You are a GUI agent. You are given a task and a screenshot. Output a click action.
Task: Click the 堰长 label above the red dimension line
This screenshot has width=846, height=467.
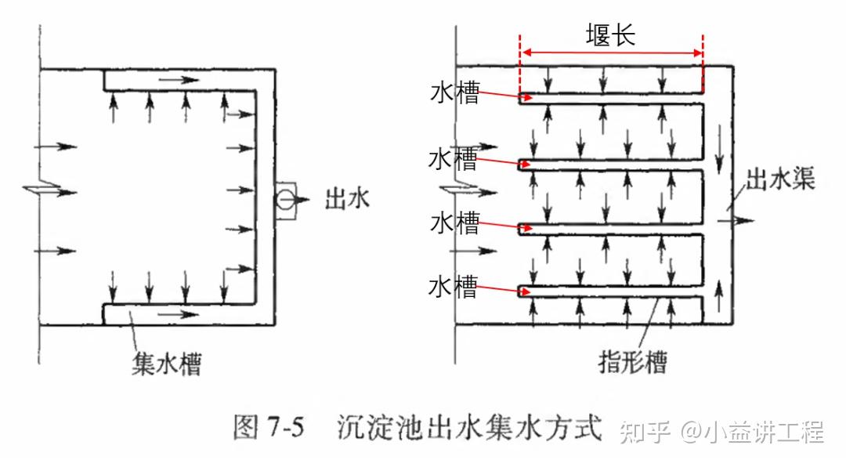[x=611, y=34]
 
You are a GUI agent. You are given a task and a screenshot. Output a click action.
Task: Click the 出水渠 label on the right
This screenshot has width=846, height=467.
[x=779, y=180]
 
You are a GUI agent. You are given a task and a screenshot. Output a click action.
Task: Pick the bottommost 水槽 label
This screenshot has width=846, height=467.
[x=453, y=287]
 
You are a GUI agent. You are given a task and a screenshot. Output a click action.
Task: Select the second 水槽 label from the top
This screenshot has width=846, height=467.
[x=453, y=160]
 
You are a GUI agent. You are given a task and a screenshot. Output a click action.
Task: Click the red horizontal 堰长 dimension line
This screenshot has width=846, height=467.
[x=611, y=53]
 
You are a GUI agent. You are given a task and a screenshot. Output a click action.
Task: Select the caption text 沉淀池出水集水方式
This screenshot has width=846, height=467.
[x=470, y=428]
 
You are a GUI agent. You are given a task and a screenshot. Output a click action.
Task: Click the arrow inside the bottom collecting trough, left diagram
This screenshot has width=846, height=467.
[x=181, y=315]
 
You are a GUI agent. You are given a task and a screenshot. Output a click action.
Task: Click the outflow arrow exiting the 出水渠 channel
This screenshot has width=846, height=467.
[x=741, y=220]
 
